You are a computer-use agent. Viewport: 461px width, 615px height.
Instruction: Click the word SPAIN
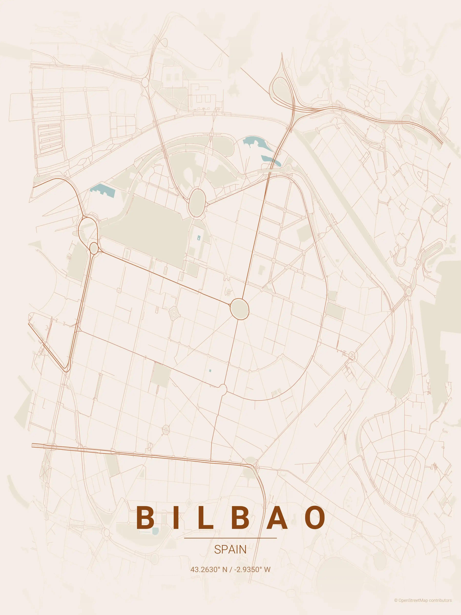point(230,550)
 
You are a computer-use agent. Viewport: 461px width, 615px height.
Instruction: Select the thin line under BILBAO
point(230,538)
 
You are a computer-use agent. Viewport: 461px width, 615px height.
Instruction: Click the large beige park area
point(147,231)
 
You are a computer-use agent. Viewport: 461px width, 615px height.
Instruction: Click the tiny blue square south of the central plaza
point(210,370)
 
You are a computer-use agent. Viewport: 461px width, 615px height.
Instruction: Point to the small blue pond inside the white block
point(198,238)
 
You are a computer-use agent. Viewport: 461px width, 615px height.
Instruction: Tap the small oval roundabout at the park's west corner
point(94,248)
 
